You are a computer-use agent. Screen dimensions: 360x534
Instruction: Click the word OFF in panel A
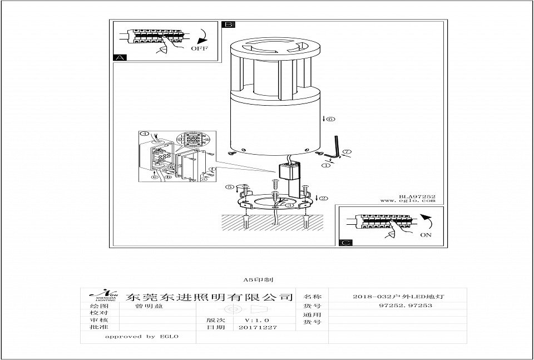pos(199,48)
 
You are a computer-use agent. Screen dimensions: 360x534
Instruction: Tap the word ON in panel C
pos(426,235)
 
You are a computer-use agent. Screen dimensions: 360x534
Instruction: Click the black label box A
pos(119,57)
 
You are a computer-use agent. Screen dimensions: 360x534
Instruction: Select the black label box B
pos(229,24)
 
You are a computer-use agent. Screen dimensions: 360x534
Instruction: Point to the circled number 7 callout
pos(346,151)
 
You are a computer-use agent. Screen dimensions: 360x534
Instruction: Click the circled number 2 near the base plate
pos(324,198)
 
